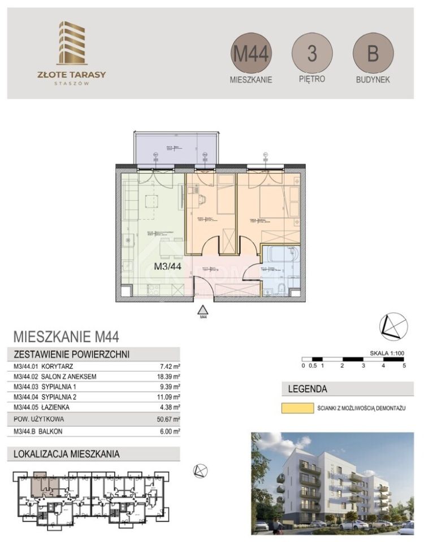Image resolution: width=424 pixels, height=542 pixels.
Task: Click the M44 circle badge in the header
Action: (x=252, y=53)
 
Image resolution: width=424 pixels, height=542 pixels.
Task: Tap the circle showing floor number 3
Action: (x=312, y=53)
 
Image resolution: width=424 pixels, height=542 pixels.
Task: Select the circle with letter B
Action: (x=373, y=54)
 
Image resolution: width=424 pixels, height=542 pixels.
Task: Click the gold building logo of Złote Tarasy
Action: (x=71, y=43)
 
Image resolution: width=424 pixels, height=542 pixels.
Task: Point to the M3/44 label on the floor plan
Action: (x=167, y=268)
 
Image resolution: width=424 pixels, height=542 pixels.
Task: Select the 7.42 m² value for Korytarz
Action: (x=170, y=366)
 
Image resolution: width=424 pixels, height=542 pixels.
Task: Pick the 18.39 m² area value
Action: (x=169, y=376)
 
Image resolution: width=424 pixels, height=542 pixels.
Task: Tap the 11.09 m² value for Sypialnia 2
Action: (x=169, y=396)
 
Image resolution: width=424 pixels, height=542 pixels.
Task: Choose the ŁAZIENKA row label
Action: (x=60, y=406)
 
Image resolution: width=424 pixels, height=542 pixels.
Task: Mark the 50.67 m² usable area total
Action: (x=169, y=419)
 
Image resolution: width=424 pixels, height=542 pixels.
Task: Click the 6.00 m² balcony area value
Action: (x=170, y=431)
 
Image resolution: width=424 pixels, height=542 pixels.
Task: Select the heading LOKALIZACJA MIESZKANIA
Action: (x=67, y=453)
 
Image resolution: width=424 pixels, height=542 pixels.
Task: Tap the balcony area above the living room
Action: (x=175, y=148)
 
